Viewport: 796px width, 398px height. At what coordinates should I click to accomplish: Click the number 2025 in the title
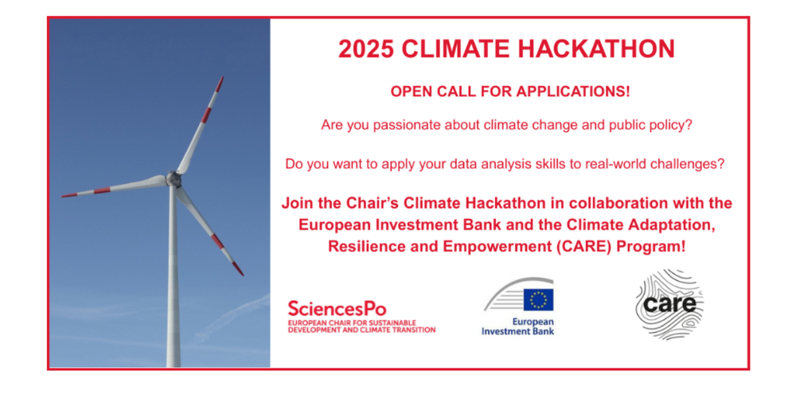click(x=365, y=49)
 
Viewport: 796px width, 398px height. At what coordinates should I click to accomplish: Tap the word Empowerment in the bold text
click(x=522, y=248)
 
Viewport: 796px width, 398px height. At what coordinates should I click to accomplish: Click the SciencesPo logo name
click(x=337, y=309)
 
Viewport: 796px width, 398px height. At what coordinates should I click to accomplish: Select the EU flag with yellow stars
click(x=538, y=300)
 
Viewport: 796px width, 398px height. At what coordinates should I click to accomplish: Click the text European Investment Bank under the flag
click(x=518, y=327)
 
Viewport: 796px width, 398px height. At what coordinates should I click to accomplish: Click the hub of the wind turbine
click(x=173, y=178)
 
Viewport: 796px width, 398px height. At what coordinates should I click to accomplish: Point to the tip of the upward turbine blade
click(x=222, y=77)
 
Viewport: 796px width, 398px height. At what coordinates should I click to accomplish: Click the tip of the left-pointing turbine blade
click(x=62, y=196)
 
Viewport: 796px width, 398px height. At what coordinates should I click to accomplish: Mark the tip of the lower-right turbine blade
click(x=242, y=275)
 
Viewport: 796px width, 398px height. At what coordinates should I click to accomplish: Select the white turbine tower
click(x=174, y=277)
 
